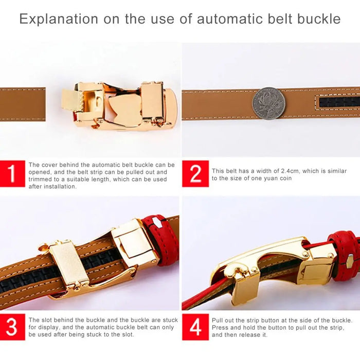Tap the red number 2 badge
point(195,174)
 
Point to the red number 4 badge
point(195,327)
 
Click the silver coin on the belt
point(268,103)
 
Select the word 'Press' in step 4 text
point(220,328)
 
